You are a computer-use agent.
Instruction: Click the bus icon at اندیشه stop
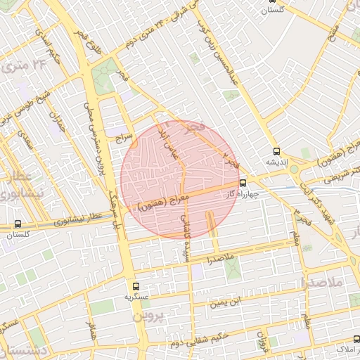pyautogui.click(x=277, y=150)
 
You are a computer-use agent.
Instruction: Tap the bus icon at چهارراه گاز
pyautogui.click(x=243, y=183)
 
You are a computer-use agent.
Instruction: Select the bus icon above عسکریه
pyautogui.click(x=136, y=286)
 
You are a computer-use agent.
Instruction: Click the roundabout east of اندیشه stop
pyautogui.click(x=293, y=169)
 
